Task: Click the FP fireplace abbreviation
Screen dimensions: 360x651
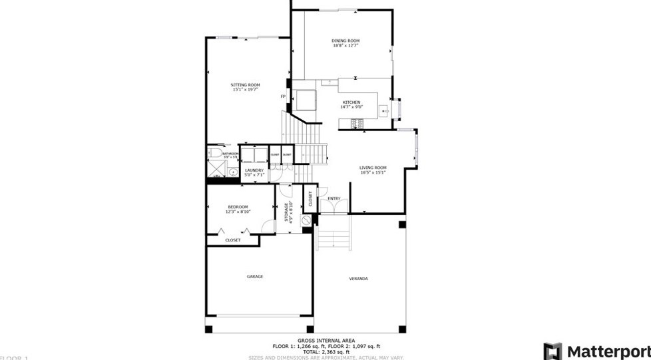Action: [283, 97]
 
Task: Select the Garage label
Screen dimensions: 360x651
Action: [254, 276]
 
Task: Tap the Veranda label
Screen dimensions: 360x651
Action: [358, 278]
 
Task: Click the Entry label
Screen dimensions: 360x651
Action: [333, 198]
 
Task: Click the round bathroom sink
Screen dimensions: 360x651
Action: [233, 172]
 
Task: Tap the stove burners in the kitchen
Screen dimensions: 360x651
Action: [357, 123]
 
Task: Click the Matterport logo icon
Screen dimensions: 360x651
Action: [552, 351]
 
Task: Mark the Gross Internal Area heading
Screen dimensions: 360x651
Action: [325, 341]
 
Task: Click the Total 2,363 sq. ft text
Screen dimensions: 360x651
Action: [325, 352]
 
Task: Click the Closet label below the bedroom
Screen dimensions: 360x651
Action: [232, 240]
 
